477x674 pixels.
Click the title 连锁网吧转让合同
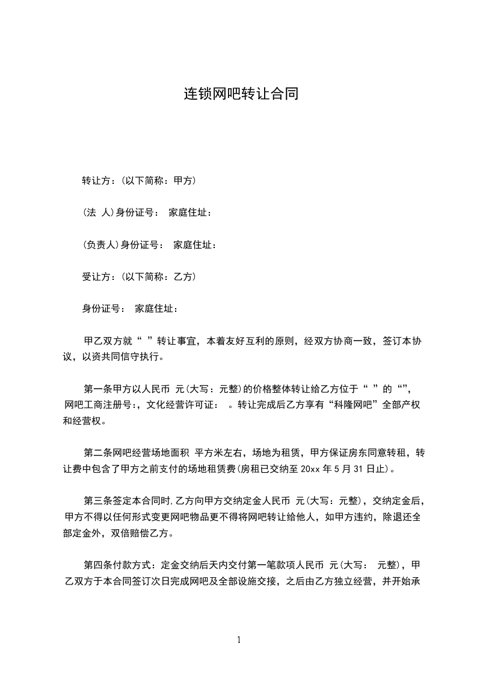(241, 94)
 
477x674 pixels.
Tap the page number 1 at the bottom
(239, 640)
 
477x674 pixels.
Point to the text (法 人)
(94, 213)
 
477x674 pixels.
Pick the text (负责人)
(99, 244)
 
